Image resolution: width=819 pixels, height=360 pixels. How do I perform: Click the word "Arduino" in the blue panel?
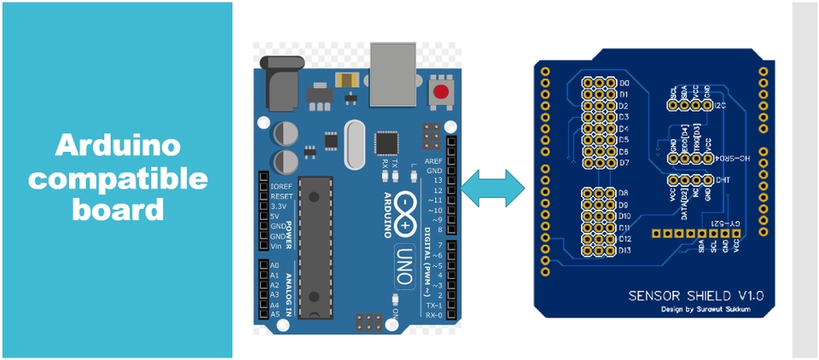[118, 146]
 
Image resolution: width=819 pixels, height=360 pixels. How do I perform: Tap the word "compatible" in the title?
[118, 177]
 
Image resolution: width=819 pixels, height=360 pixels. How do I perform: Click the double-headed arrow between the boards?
[493, 186]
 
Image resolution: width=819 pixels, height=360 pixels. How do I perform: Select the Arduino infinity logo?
[407, 210]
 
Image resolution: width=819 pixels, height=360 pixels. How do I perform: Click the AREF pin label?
[434, 160]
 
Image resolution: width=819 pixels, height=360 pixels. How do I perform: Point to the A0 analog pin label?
[275, 265]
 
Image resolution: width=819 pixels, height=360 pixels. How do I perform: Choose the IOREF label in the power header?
[281, 186]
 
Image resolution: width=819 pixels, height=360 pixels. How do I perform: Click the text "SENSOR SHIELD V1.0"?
[695, 295]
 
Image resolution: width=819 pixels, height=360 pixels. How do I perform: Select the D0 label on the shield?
[624, 83]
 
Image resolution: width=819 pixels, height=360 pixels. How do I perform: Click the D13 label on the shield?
[625, 251]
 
